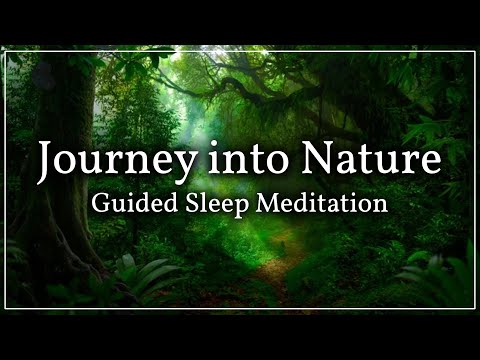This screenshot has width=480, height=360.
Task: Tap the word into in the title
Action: [213, 160]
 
